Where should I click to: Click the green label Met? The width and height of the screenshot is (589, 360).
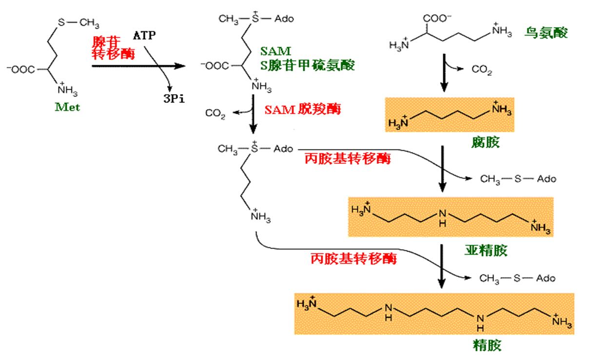coord(67,107)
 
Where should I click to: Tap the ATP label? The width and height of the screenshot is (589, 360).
coord(145,36)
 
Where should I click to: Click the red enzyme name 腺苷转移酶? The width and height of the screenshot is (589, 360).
coord(113,47)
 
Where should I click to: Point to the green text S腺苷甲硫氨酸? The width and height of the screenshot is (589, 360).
coord(308,65)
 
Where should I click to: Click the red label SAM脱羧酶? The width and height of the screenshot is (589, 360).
coord(302,109)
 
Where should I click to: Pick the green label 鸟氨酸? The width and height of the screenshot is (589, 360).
coord(546,33)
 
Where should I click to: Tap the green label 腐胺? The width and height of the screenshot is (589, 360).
coord(485,142)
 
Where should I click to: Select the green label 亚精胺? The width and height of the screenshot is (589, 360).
coord(485,251)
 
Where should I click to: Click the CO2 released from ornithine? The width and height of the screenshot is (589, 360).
coord(482,71)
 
